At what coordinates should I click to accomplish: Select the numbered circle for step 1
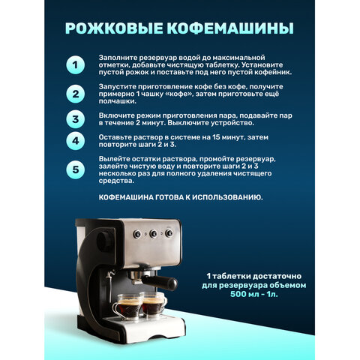tap(75, 65)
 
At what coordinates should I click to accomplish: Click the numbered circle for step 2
tap(75, 94)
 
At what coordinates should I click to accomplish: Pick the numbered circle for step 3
tap(75, 119)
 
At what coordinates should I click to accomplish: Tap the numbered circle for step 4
tap(75, 142)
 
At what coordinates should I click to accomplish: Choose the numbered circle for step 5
tap(75, 169)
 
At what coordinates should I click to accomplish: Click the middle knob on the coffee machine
tap(154, 234)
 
